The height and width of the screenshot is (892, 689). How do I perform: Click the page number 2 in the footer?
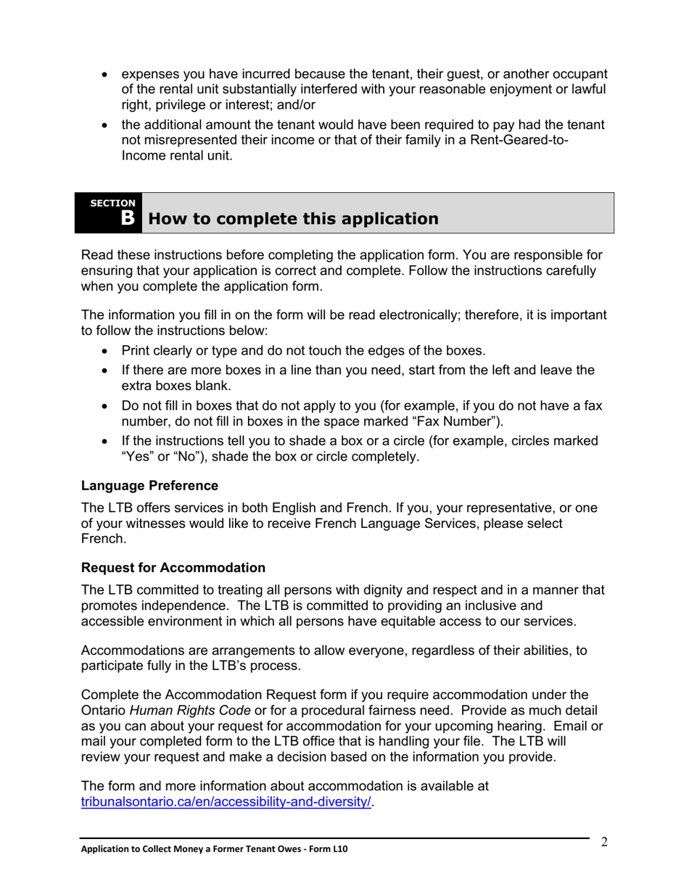pyautogui.click(x=603, y=841)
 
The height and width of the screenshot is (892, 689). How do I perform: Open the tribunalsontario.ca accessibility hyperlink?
pyautogui.click(x=226, y=801)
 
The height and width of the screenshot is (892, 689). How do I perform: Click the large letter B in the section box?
pyautogui.click(x=127, y=218)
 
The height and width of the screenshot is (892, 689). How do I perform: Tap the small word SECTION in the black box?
pyautogui.click(x=112, y=203)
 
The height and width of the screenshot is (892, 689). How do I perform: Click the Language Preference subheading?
pyautogui.click(x=149, y=485)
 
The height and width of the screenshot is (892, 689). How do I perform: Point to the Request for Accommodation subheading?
pyautogui.click(x=173, y=567)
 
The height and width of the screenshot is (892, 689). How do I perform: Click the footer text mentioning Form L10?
pyautogui.click(x=214, y=848)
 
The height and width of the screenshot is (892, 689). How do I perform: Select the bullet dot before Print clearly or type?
pyautogui.click(x=107, y=351)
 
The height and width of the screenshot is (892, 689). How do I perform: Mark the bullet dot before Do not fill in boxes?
pyautogui.click(x=107, y=406)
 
